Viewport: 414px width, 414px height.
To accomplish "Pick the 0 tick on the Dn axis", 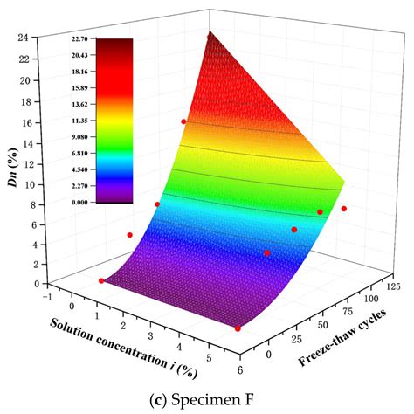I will point(31,284).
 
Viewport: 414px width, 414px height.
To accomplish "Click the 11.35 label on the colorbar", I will point(114,121).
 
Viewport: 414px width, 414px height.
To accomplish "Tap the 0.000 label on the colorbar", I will point(114,202).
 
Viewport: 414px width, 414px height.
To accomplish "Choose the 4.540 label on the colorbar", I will point(114,169).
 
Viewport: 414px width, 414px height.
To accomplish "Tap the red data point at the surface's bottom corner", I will point(238,328).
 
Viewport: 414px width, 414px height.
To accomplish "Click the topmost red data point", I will point(183,121).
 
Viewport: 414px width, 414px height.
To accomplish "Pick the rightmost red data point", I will point(344,209).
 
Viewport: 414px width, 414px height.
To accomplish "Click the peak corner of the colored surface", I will point(209,32).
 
